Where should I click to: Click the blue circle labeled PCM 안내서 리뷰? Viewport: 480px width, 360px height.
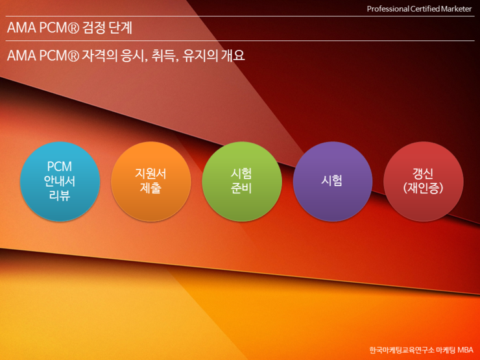pos(60,181)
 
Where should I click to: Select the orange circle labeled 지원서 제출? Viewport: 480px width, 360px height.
pos(151,181)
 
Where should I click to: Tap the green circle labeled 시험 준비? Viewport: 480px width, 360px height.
pos(242,181)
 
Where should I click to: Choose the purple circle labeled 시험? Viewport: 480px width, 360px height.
pos(333,181)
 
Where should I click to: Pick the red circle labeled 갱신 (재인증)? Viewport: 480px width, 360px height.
pos(424,181)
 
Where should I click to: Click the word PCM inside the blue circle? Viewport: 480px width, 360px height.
pos(60,167)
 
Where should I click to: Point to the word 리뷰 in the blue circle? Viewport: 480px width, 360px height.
pos(60,195)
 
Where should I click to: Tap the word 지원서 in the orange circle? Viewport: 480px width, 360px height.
pos(150,174)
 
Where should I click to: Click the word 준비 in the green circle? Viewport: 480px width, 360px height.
pos(241,188)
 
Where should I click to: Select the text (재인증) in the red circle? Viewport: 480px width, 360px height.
pos(423,188)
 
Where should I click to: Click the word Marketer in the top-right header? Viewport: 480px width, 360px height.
pos(456,9)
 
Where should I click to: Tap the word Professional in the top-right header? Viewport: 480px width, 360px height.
pos(388,9)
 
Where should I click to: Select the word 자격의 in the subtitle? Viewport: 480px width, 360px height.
pos(99,56)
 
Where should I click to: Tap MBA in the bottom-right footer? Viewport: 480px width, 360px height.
pos(465,350)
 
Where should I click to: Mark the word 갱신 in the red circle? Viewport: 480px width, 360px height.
pos(423,174)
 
